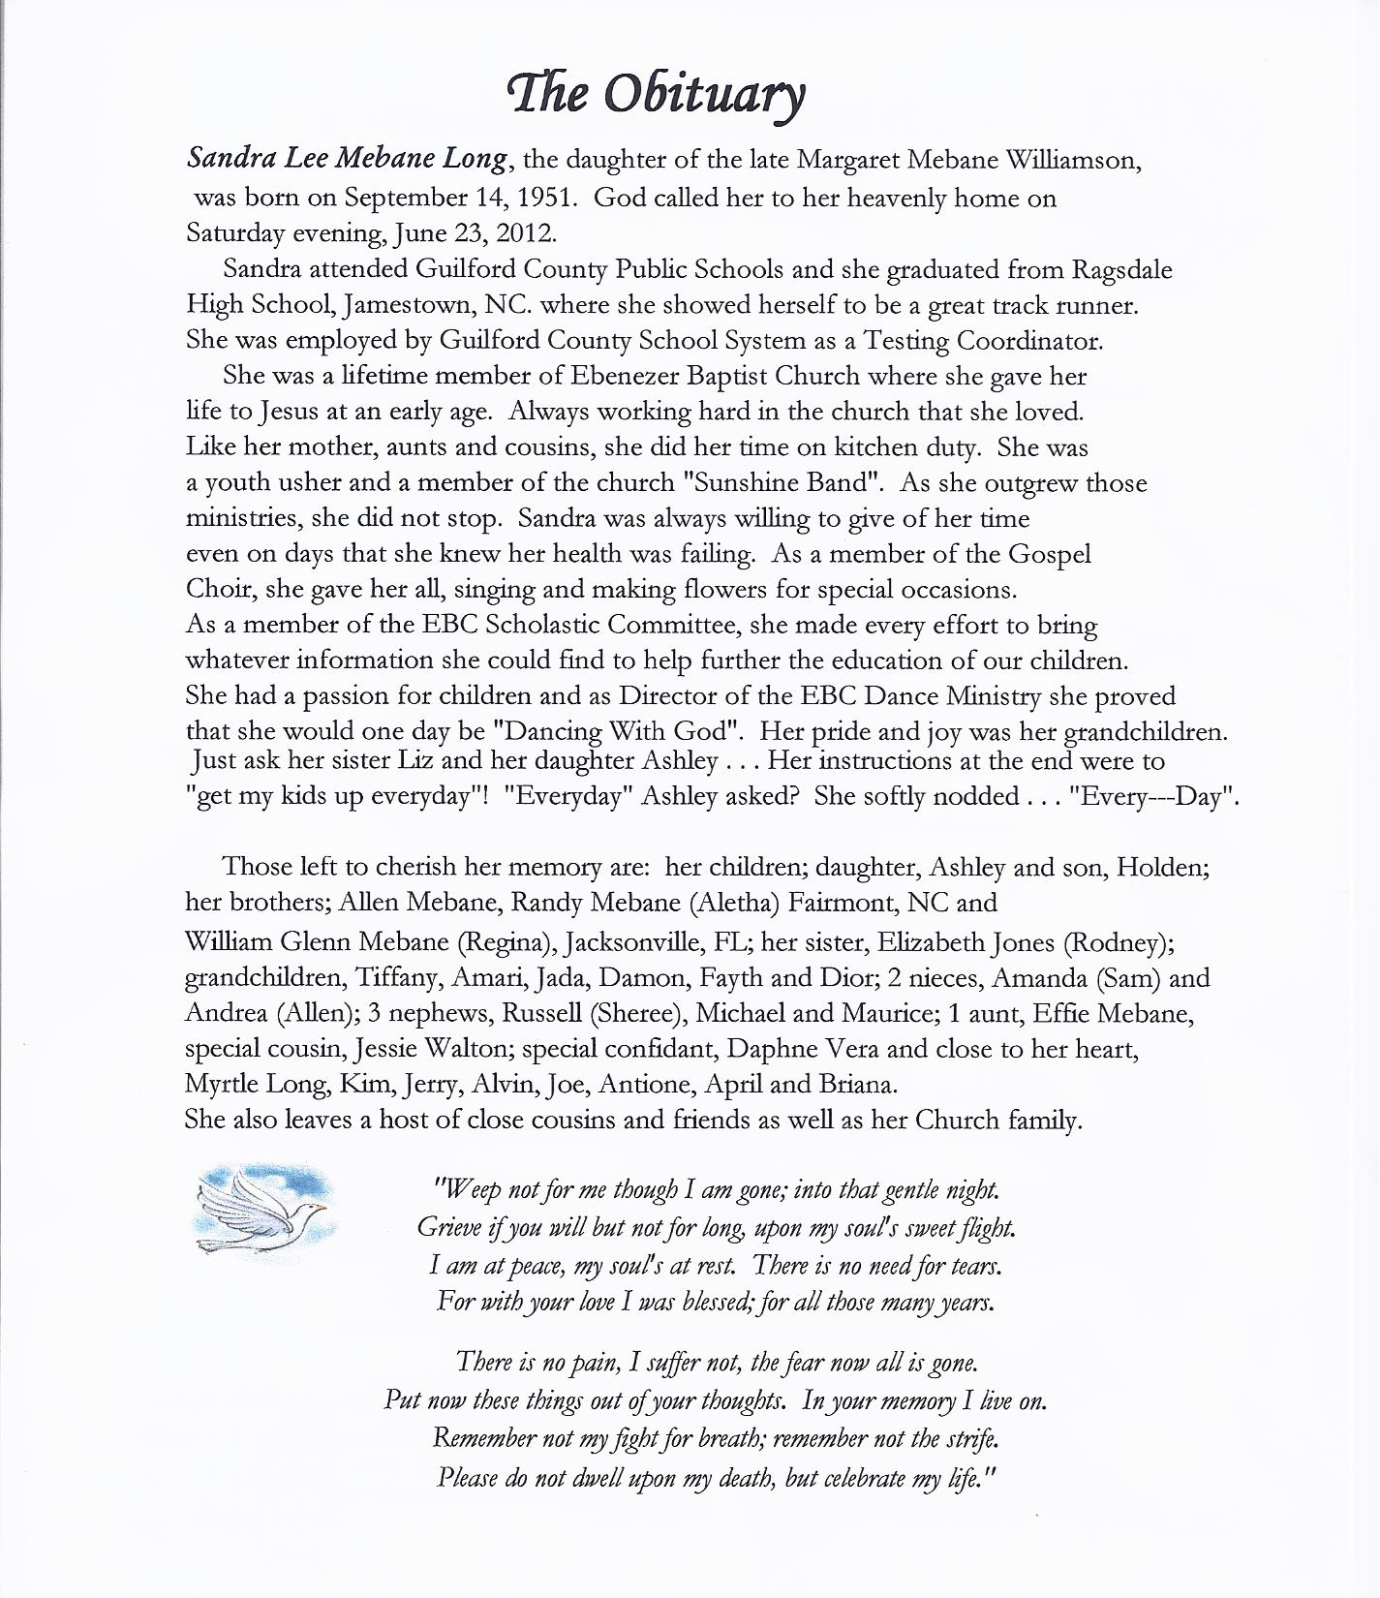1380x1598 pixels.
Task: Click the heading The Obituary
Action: [657, 95]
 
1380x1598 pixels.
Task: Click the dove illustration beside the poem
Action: [266, 1212]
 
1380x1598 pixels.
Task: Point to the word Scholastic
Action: [546, 625]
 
